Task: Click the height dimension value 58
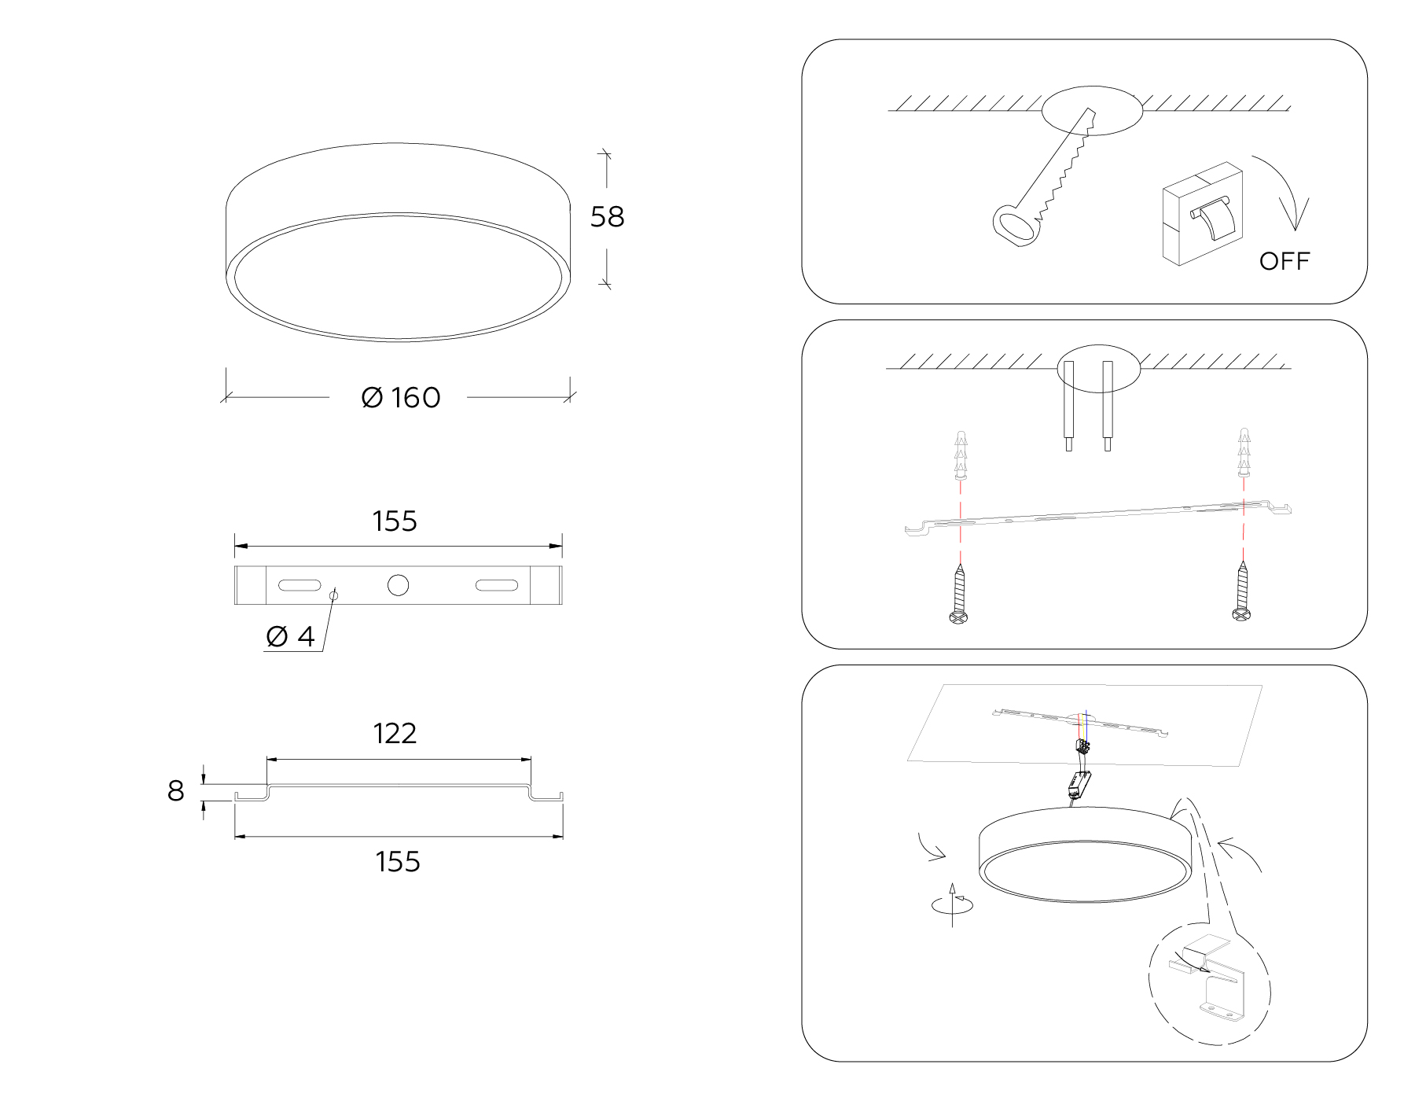pyautogui.click(x=607, y=216)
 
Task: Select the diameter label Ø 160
pyautogui.click(x=400, y=397)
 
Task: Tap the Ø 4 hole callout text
pyautogui.click(x=290, y=636)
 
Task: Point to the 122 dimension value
pyautogui.click(x=395, y=733)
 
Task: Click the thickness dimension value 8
pyautogui.click(x=175, y=790)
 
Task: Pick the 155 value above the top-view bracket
pyautogui.click(x=395, y=521)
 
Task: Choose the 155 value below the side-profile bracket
pyautogui.click(x=398, y=862)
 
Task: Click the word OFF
pyautogui.click(x=1285, y=261)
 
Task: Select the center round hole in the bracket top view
pyautogui.click(x=399, y=585)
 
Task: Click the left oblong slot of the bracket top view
pyautogui.click(x=299, y=586)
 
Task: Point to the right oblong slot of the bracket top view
pyautogui.click(x=496, y=586)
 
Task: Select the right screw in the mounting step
pyautogui.click(x=1242, y=590)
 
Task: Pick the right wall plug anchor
pyautogui.click(x=1244, y=453)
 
